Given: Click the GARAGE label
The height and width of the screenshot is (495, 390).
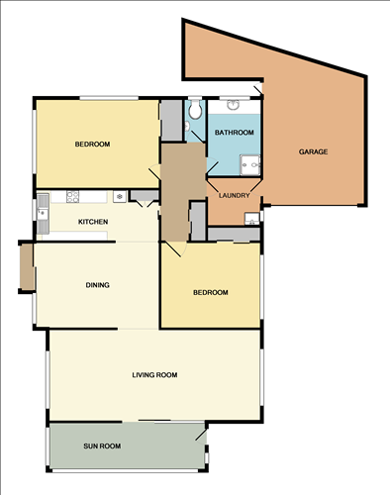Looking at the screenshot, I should point(313,151).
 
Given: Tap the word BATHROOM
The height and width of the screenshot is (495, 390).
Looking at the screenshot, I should point(235,133).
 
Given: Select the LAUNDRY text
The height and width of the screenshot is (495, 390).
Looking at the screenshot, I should point(234,195).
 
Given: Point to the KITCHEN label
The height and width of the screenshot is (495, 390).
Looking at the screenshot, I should point(93,222).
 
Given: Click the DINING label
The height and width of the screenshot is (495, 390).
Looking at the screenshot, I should point(97,285).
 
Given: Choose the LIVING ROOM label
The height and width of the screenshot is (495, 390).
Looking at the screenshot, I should point(154,374).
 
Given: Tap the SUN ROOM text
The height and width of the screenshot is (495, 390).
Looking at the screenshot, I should point(102,446).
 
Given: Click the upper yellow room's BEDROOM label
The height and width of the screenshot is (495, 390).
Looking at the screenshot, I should point(93,145).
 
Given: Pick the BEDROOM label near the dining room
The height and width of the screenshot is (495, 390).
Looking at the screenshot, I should point(210,292).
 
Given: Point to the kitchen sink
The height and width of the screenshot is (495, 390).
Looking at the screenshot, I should point(43,209).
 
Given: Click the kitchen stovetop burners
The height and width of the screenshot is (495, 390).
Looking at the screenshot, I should point(120,196).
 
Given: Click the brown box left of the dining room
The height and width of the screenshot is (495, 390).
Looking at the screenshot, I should point(26,267).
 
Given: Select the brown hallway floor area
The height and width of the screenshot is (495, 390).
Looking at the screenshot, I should point(181,193).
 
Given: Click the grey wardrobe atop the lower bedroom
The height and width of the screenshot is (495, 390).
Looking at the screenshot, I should point(235,235).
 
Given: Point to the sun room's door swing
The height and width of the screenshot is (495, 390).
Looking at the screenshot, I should point(201,433).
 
